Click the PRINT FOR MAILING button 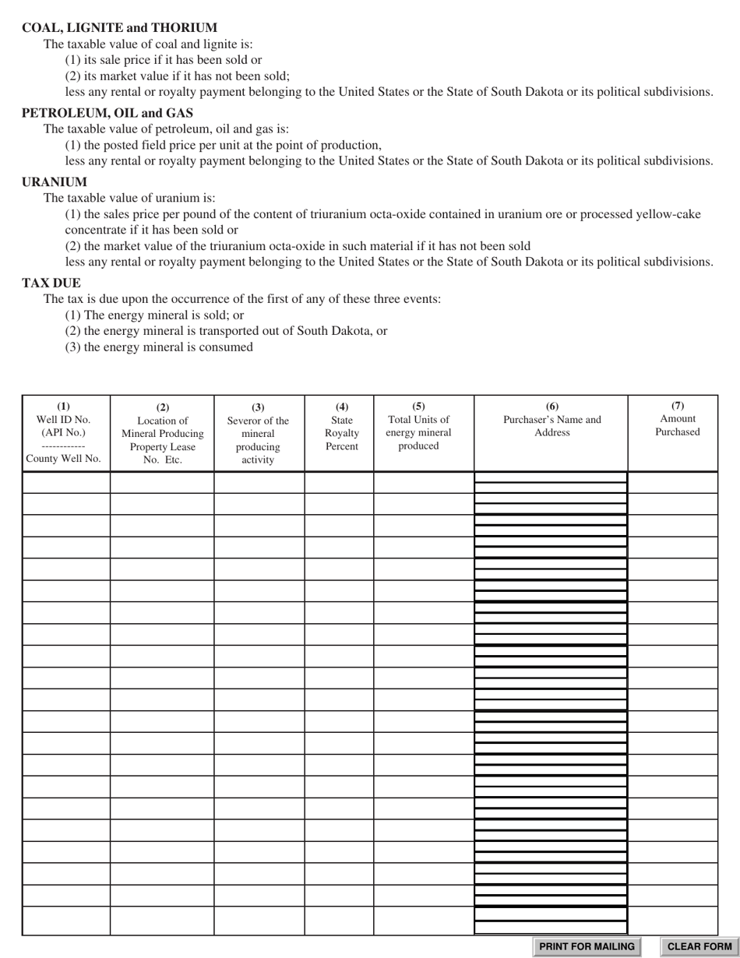tap(587, 946)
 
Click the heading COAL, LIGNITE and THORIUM tap(119, 27)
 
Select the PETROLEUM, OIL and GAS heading tap(107, 113)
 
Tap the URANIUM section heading tap(55, 182)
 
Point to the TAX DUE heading tap(51, 283)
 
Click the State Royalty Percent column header tap(341, 427)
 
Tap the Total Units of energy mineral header tap(418, 426)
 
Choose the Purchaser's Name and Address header tap(551, 420)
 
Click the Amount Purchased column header tap(677, 419)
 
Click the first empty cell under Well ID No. tap(66, 483)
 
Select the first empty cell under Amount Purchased tap(672, 483)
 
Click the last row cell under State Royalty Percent tap(339, 921)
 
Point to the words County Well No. tap(64, 459)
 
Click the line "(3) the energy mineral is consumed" tap(159, 347)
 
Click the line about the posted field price tap(224, 146)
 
